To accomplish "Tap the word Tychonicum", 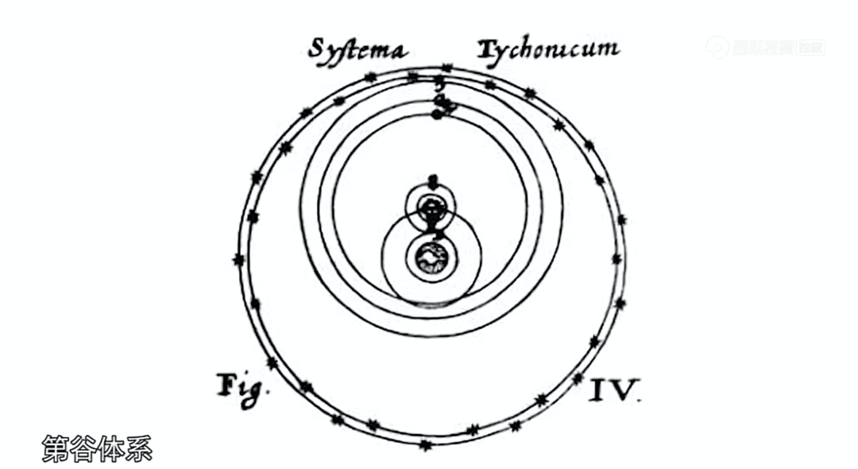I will pos(548,49).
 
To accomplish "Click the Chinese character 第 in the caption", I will pos(55,449).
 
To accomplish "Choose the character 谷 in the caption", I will pos(83,449).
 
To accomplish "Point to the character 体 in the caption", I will pos(110,449).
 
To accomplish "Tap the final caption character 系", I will pos(138,449).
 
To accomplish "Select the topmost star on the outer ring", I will pos(445,68).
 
